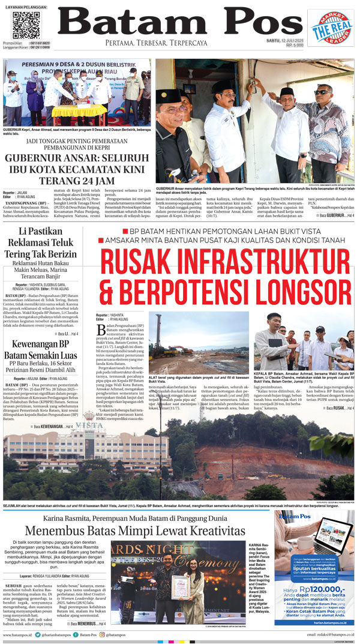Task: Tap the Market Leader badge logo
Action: [331, 27]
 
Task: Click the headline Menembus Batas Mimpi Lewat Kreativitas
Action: [135, 531]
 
